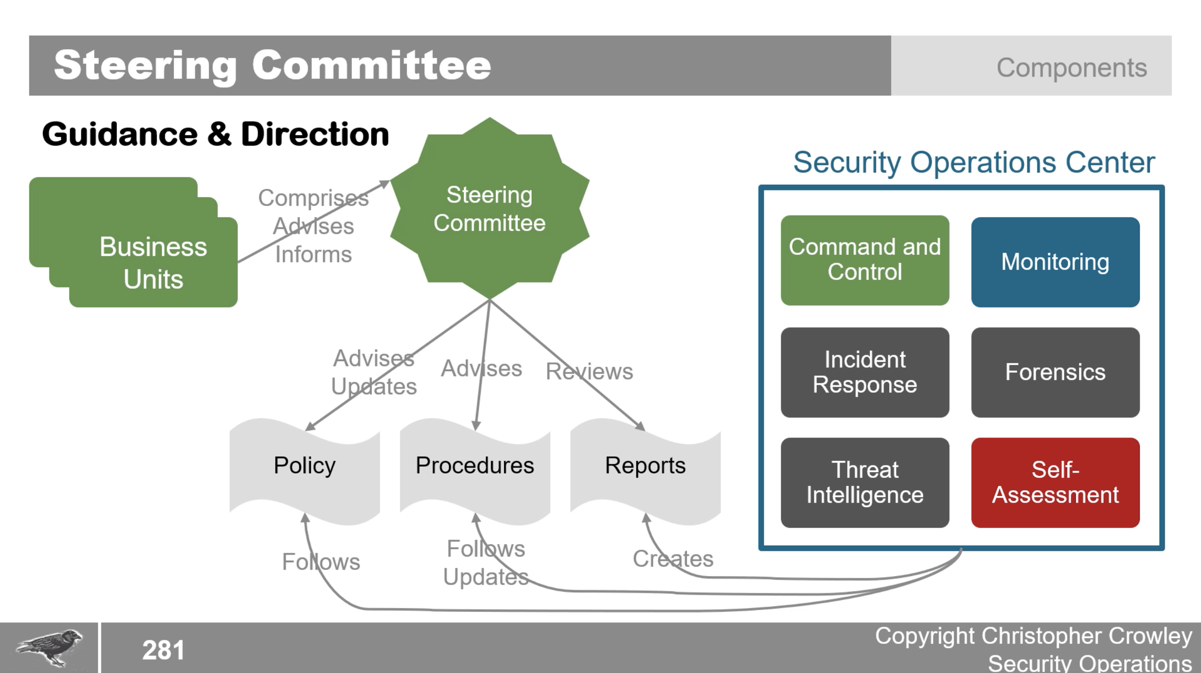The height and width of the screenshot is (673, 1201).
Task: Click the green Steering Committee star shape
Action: pyautogui.click(x=489, y=209)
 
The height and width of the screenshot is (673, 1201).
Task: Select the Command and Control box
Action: pyautogui.click(x=864, y=260)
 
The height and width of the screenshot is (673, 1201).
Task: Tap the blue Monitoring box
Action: pyautogui.click(x=1055, y=262)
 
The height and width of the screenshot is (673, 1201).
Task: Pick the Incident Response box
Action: pyautogui.click(x=864, y=372)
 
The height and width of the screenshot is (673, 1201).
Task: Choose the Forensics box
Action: pyautogui.click(x=1055, y=372)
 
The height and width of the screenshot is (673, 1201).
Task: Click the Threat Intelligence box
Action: pyautogui.click(x=864, y=483)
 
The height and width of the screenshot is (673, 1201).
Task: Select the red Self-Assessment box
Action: pyautogui.click(x=1055, y=483)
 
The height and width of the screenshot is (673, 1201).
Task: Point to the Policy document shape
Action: pyautogui.click(x=305, y=466)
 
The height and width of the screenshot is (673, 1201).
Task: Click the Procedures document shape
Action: pyautogui.click(x=475, y=466)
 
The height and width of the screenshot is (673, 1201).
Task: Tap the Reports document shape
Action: pyautogui.click(x=645, y=466)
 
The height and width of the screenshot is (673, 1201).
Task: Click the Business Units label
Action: pyautogui.click(x=153, y=263)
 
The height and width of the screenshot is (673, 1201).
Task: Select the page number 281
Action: pyautogui.click(x=163, y=650)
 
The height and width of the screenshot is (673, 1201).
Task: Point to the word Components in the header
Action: pyautogui.click(x=1071, y=67)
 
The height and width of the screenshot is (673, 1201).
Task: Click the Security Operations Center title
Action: pyautogui.click(x=974, y=162)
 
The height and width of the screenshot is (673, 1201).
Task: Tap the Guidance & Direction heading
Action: pyautogui.click(x=215, y=134)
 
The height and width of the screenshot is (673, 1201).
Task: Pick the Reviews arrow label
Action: pyautogui.click(x=589, y=371)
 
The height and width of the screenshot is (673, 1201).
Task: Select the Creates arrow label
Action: pyautogui.click(x=673, y=558)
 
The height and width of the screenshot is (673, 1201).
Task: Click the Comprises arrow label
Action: pyautogui.click(x=313, y=198)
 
